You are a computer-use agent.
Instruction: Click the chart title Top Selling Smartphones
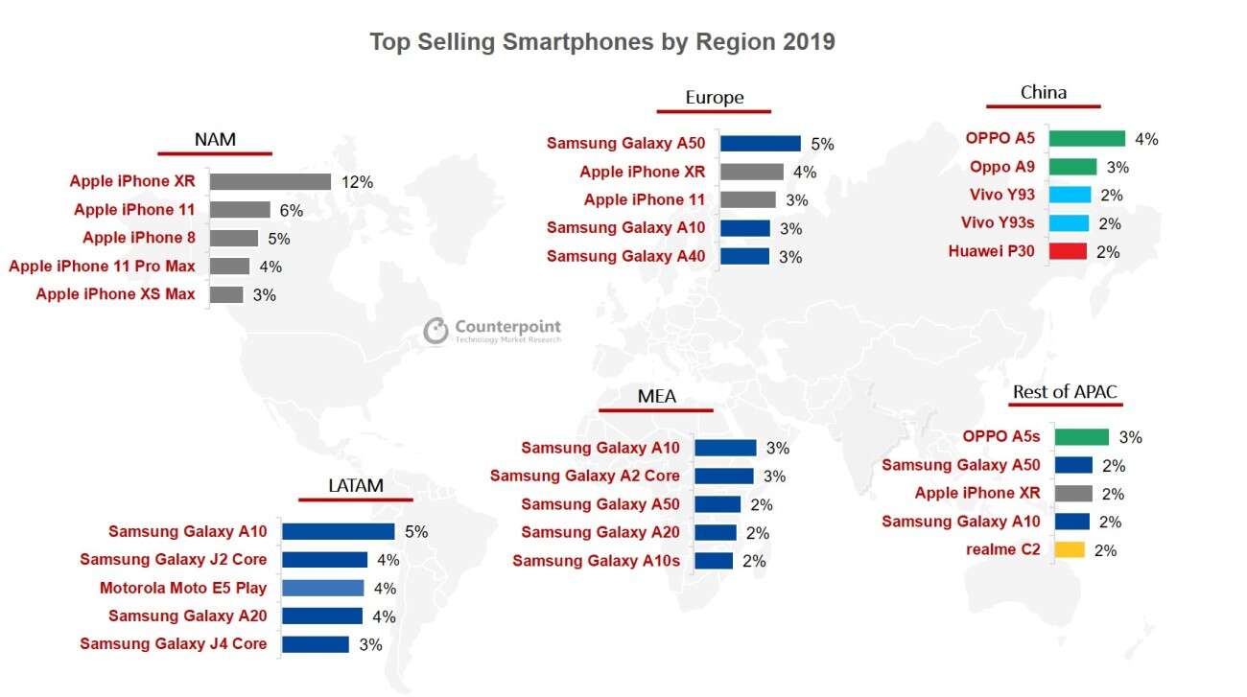[x=601, y=42]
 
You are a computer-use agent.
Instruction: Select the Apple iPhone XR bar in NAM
[x=271, y=181]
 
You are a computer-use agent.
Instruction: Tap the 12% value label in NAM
[x=357, y=181]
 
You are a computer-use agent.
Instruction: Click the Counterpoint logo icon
[x=436, y=331]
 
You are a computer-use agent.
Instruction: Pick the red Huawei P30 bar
[x=1068, y=251]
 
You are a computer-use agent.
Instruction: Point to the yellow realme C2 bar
[x=1070, y=549]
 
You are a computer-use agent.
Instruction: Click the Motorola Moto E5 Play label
[x=183, y=588]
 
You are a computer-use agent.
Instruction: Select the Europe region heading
[x=714, y=98]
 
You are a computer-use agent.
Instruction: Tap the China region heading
[x=1043, y=93]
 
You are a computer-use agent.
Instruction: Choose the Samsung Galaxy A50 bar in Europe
[x=760, y=144]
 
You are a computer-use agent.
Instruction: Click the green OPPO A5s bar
[x=1081, y=437]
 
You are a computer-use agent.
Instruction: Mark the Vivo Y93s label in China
[x=999, y=223]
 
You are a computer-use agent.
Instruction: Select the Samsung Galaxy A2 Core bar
[x=724, y=476]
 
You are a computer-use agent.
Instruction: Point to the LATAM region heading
[x=355, y=486]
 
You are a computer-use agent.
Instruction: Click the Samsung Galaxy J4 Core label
[x=174, y=643]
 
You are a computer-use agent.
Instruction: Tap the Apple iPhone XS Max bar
[x=226, y=294]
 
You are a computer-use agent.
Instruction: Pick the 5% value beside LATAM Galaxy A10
[x=415, y=531]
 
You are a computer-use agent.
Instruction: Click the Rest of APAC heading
[x=1065, y=392]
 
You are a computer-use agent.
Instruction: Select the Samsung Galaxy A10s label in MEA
[x=596, y=561]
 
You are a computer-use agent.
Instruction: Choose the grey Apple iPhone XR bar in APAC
[x=1072, y=494]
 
